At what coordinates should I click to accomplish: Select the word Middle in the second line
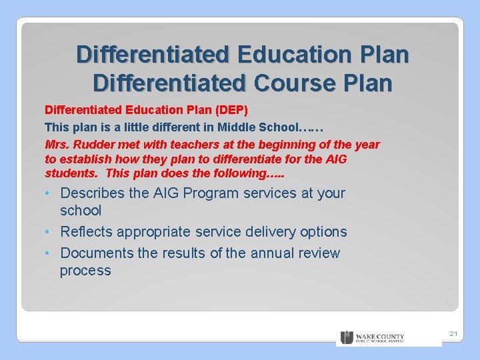point(237,127)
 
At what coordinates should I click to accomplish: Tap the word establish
point(87,159)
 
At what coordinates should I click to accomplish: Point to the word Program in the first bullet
point(211,193)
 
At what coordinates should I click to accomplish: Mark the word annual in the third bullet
point(272,253)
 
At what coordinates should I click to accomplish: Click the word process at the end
point(85,271)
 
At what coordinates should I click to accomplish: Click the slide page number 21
point(453,333)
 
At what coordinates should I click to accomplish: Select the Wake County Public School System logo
point(373,338)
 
